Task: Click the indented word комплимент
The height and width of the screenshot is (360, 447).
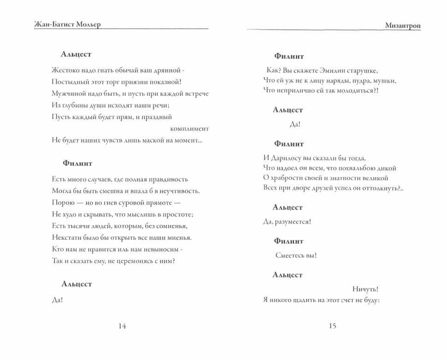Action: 189,128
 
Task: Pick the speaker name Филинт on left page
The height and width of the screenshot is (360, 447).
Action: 76,163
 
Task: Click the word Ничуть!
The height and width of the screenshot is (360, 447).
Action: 365,289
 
